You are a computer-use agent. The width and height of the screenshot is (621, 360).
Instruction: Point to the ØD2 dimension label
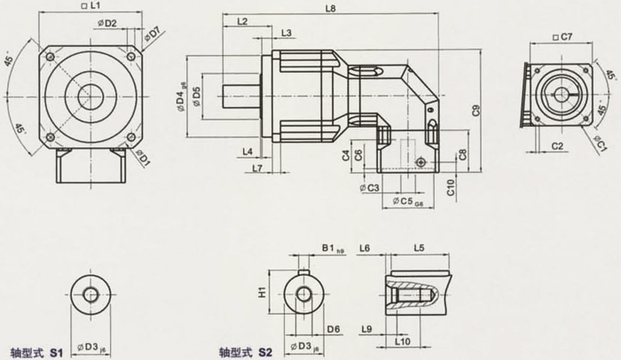point(109,24)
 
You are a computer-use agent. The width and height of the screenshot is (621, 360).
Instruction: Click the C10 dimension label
point(451,185)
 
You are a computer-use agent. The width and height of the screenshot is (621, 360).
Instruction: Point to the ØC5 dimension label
point(409,202)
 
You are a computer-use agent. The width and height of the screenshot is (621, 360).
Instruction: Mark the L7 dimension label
point(257,168)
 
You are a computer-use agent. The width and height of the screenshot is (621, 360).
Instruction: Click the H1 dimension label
point(262,292)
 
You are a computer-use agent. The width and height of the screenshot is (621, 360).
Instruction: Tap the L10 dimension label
point(401,340)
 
